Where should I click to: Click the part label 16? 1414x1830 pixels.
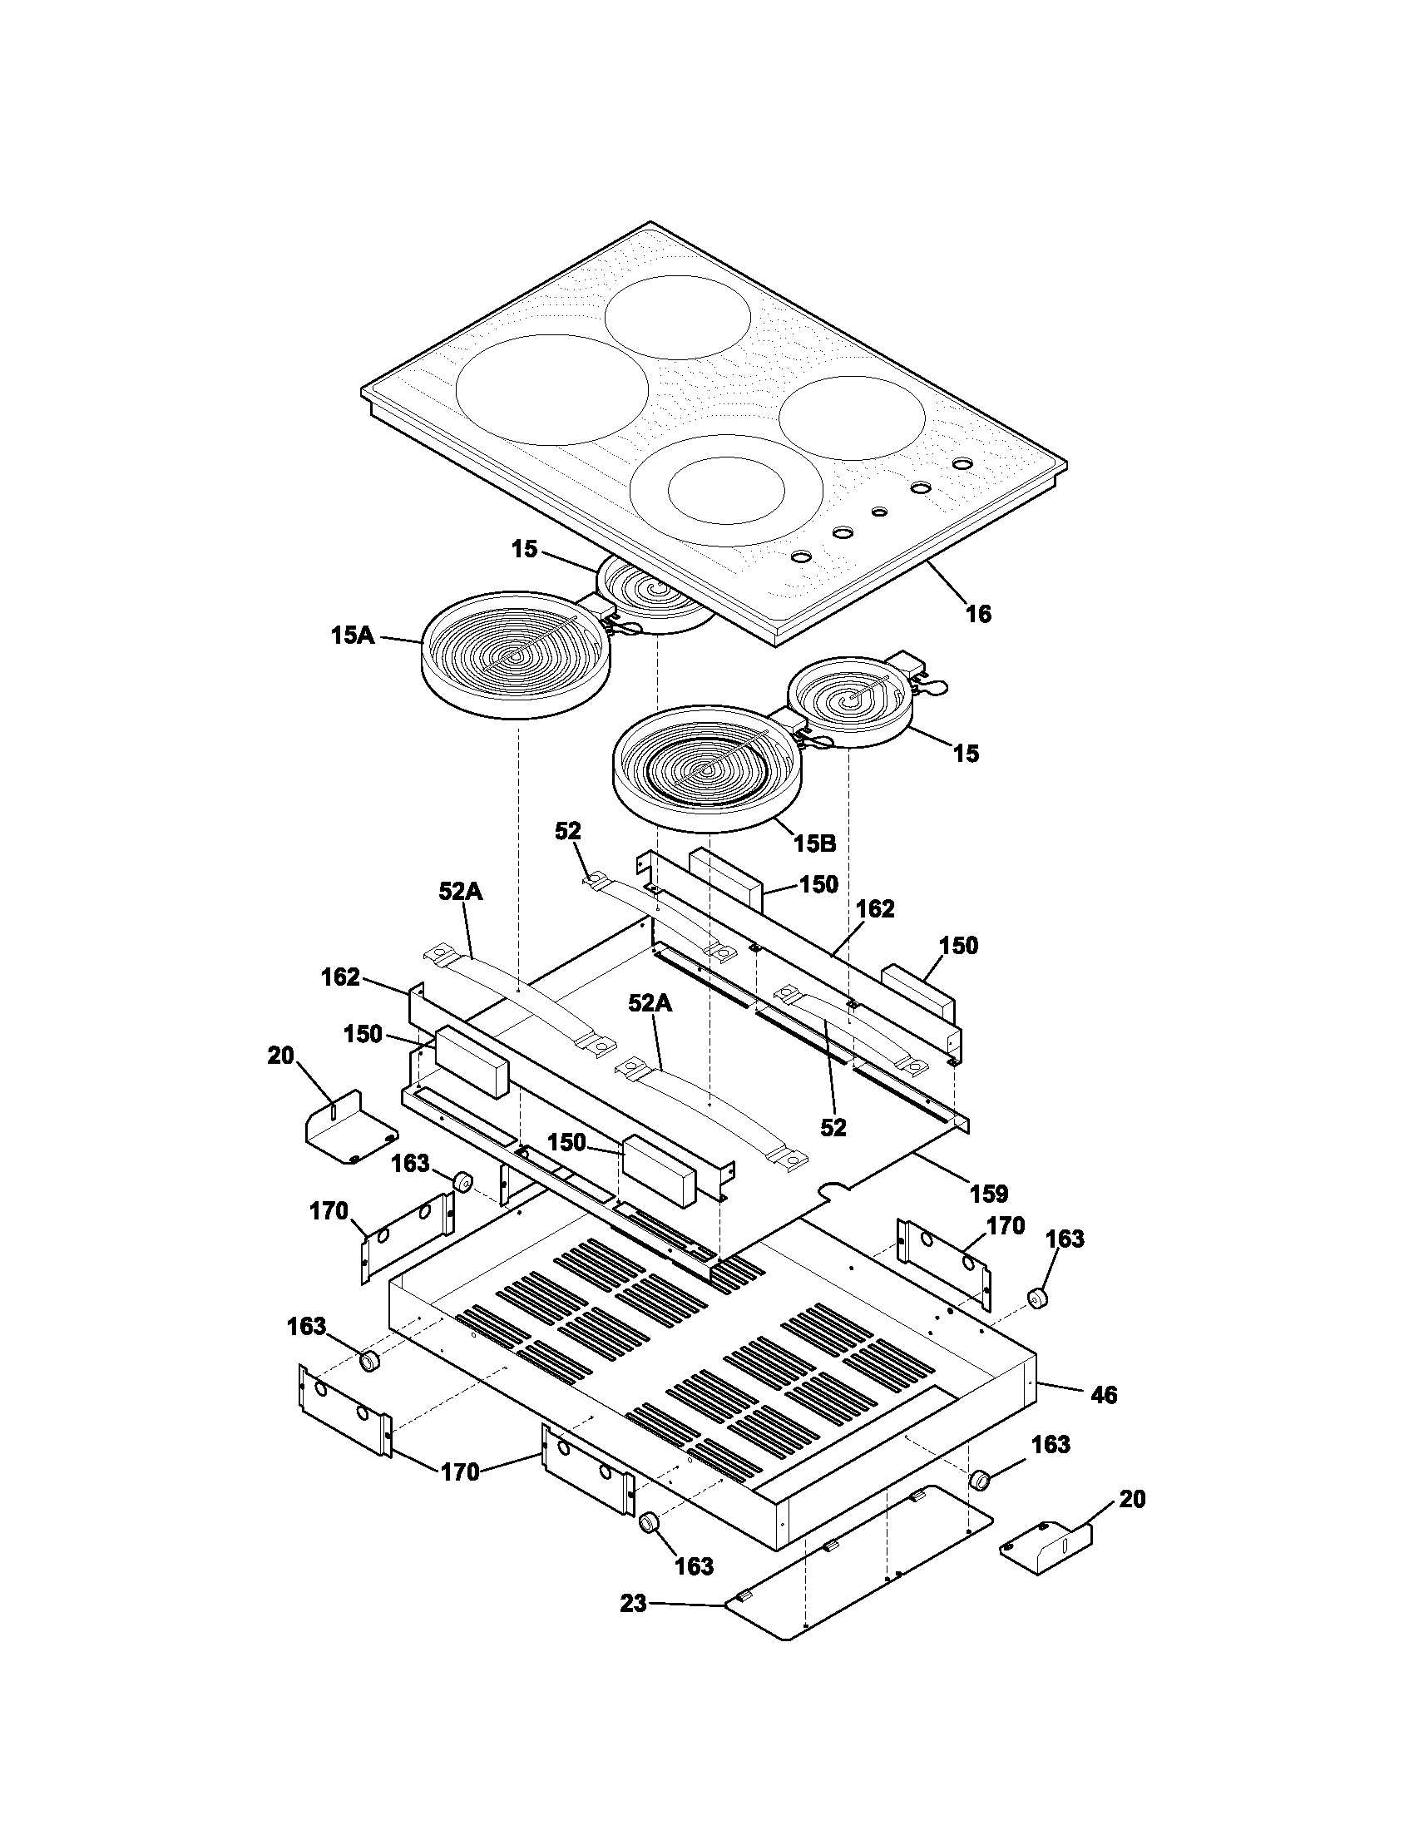point(978,614)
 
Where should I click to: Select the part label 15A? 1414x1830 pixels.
point(352,636)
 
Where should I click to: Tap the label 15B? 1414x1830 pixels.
point(815,843)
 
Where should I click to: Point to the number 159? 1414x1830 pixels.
point(989,1193)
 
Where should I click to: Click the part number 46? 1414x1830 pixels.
point(1104,1395)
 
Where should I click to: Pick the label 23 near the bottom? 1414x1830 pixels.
point(634,1604)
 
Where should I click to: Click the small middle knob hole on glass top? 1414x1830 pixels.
point(878,511)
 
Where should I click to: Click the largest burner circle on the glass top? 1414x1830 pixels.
point(552,389)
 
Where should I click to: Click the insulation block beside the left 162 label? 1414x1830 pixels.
point(471,1061)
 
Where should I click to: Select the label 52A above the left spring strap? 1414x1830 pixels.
point(461,893)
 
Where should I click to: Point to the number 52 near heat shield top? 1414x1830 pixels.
point(567,831)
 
